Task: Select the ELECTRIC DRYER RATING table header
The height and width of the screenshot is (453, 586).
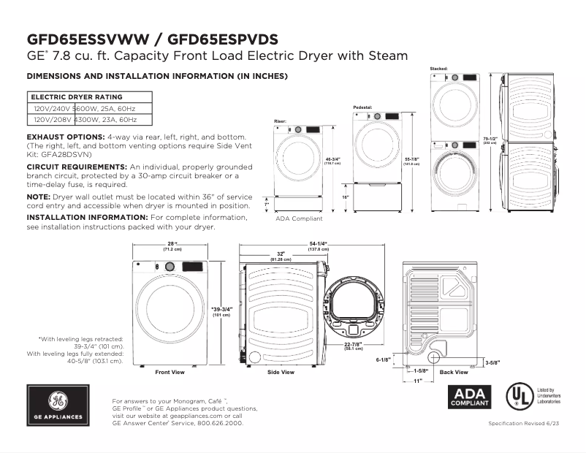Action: tap(76, 96)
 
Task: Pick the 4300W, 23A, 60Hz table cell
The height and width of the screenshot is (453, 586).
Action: tap(106, 119)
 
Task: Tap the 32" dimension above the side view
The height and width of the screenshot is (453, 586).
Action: tap(281, 255)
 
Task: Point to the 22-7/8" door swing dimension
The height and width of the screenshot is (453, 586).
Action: tap(354, 345)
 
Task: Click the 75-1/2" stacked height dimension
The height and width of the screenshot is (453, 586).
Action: tap(490, 139)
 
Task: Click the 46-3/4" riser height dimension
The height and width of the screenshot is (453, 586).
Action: tap(332, 160)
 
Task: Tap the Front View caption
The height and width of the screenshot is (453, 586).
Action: tap(170, 373)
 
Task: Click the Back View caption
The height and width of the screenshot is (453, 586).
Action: tap(454, 373)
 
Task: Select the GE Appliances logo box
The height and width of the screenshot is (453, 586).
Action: tap(58, 406)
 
